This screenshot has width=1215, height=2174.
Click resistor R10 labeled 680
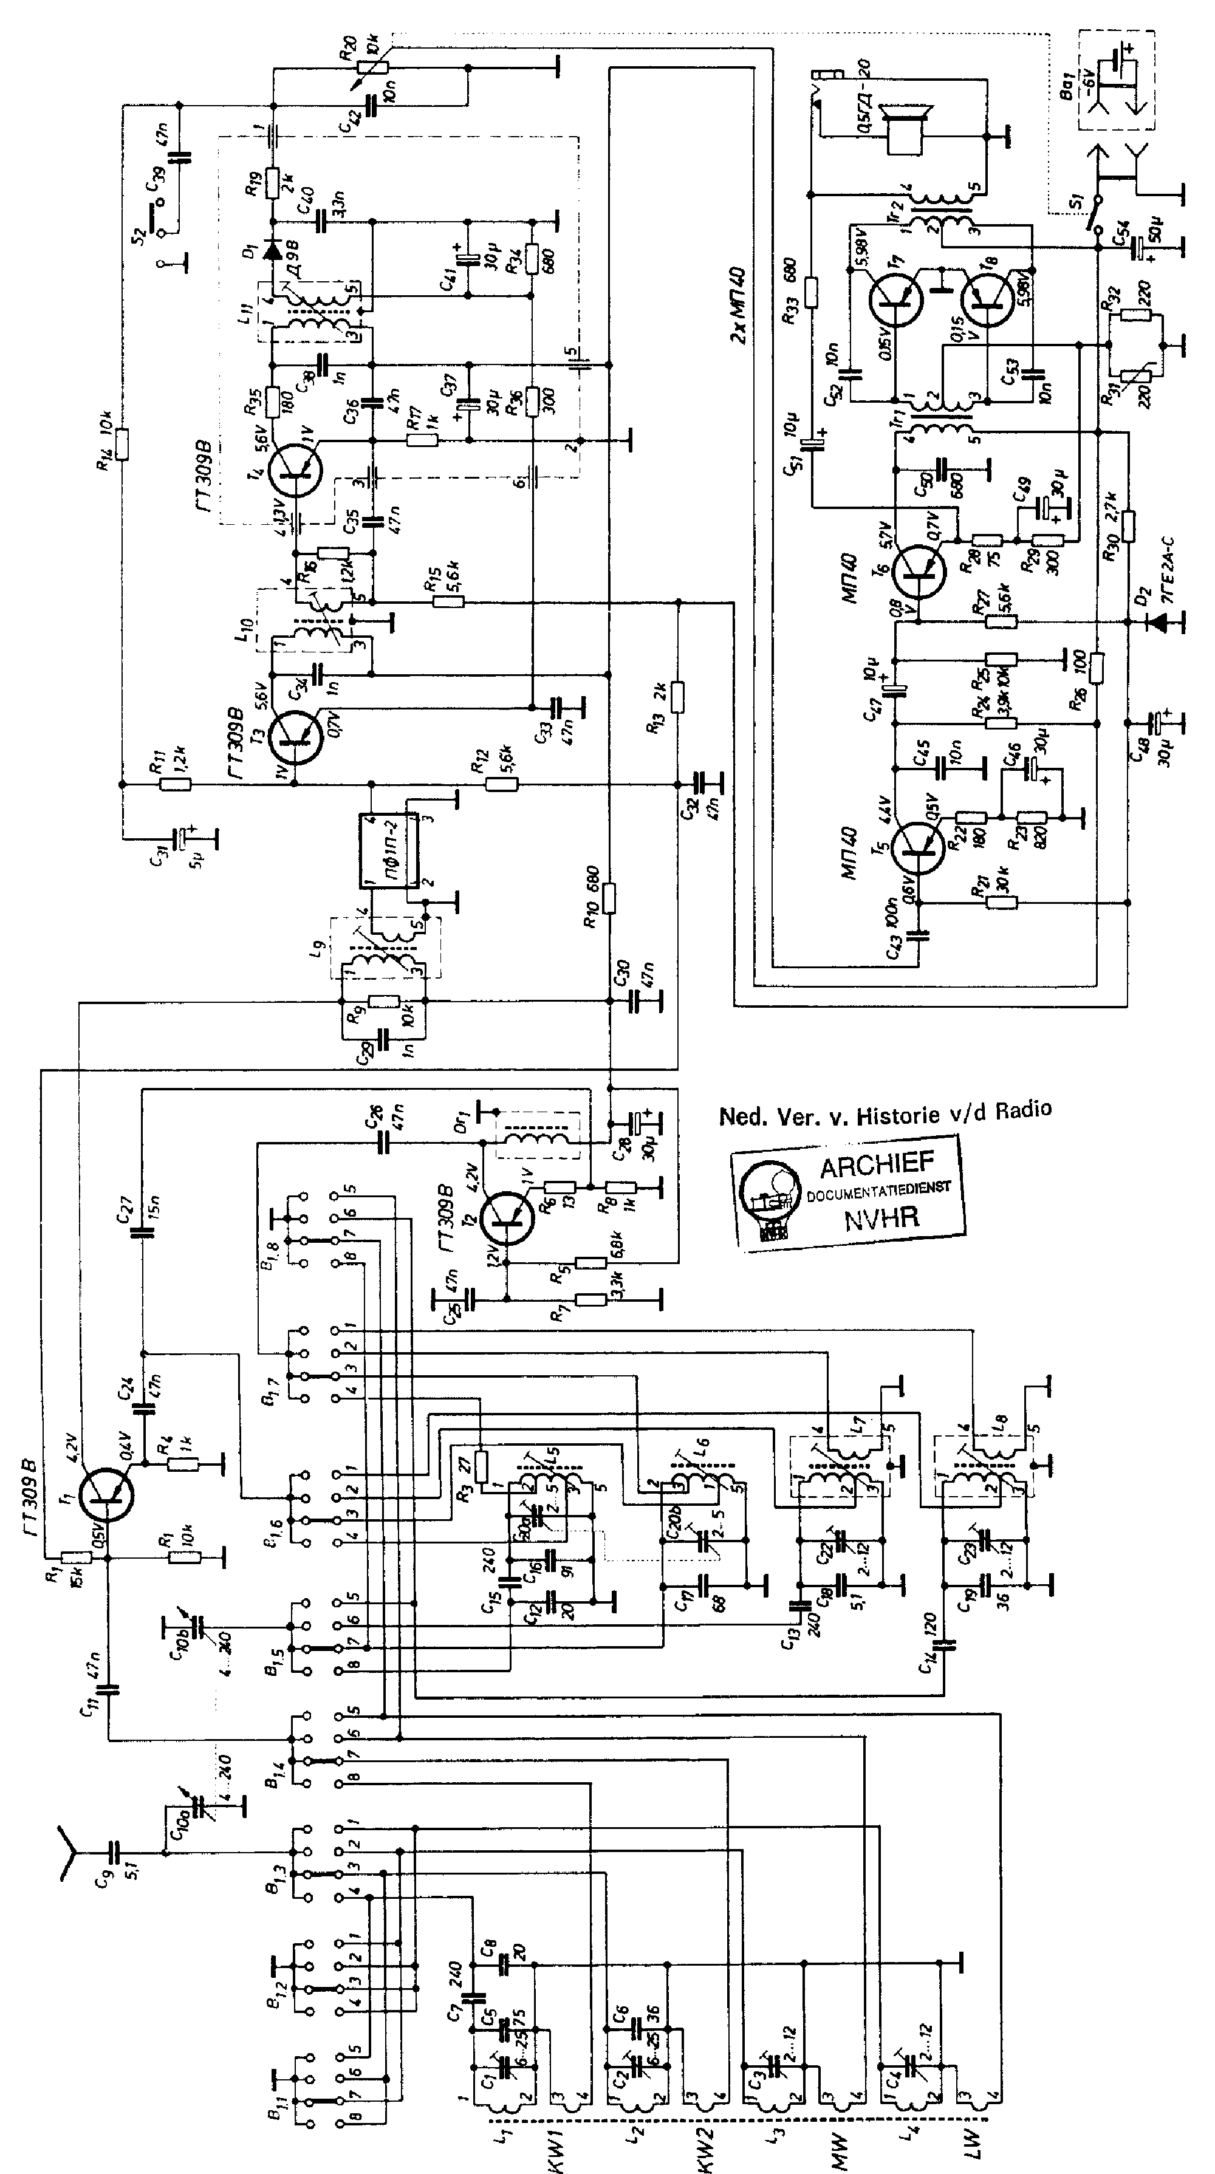tap(610, 898)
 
